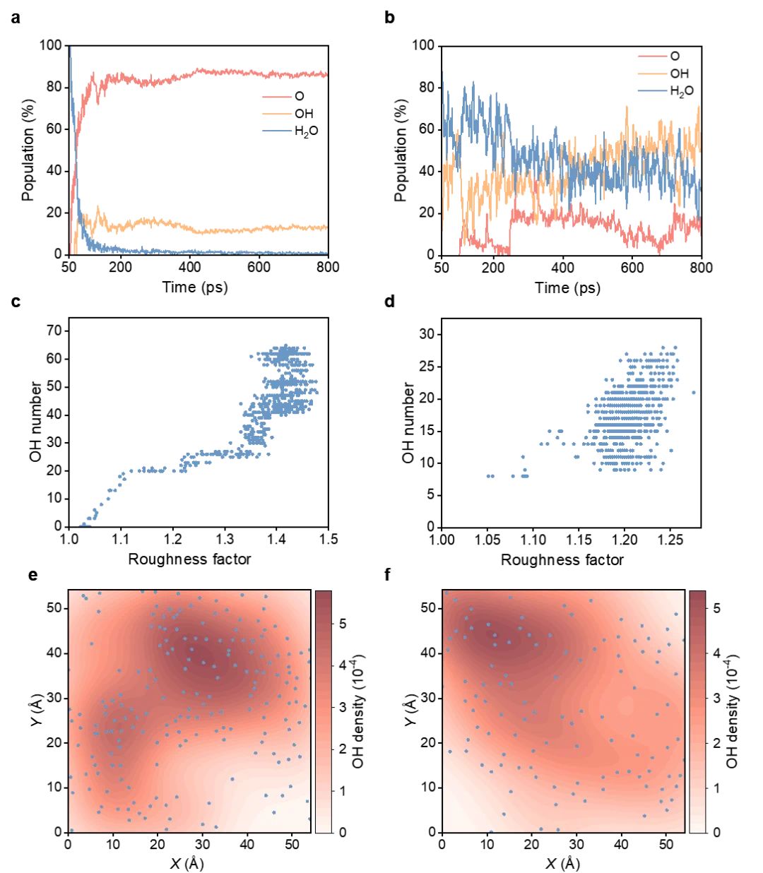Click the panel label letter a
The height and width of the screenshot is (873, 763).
point(16,18)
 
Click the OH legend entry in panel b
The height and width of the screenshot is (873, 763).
point(679,73)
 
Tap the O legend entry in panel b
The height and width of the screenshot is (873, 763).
point(675,56)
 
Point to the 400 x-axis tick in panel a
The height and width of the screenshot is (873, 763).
point(189,267)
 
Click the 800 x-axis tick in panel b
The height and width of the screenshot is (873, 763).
point(701,268)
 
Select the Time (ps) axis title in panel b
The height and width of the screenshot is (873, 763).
point(567,287)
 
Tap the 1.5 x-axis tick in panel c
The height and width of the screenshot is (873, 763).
point(329,540)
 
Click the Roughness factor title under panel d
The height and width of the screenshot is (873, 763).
point(562,560)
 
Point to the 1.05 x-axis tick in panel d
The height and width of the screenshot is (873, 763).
point(487,540)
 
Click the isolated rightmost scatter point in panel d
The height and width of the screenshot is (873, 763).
point(694,393)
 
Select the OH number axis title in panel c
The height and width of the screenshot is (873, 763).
point(35,422)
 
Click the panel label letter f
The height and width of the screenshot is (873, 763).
point(388,575)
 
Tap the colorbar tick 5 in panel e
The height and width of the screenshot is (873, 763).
point(343,623)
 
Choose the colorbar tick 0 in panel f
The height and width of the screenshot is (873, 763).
point(716,832)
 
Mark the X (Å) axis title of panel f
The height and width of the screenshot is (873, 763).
point(562,864)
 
